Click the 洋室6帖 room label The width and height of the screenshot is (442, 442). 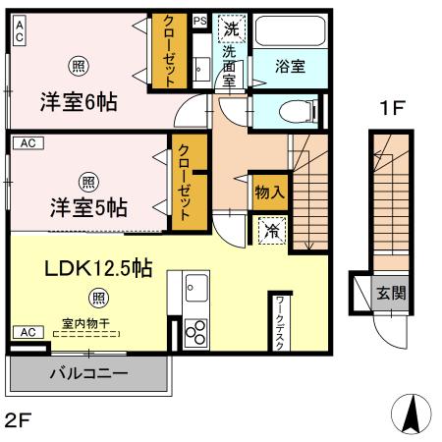pyautogui.click(x=79, y=101)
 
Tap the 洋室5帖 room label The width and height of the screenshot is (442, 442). pyautogui.click(x=87, y=207)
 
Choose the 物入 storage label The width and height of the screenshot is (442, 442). pyautogui.click(x=269, y=191)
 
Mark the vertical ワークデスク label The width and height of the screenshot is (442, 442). pyautogui.click(x=280, y=321)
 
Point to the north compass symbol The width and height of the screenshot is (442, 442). pyautogui.click(x=412, y=413)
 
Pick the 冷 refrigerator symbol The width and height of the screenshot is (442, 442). pyautogui.click(x=270, y=232)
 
